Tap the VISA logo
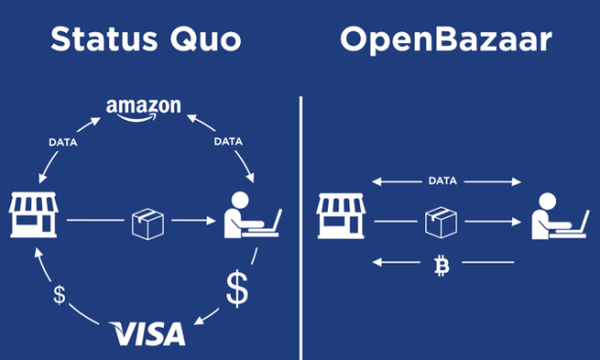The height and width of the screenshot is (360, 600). pyautogui.click(x=148, y=334)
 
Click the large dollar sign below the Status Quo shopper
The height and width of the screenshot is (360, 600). pyautogui.click(x=237, y=289)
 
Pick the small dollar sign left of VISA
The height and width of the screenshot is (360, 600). pyautogui.click(x=60, y=296)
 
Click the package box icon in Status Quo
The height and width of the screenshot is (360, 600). pyautogui.click(x=146, y=222)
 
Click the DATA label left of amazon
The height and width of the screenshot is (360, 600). pyautogui.click(x=63, y=142)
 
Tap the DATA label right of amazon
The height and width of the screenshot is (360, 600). pyautogui.click(x=226, y=142)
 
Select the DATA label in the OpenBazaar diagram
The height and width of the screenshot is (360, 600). pyautogui.click(x=442, y=180)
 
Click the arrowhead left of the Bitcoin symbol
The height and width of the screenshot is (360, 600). pyautogui.click(x=377, y=261)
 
